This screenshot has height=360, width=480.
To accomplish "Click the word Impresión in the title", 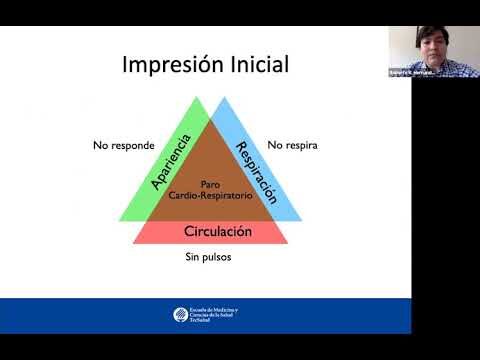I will [173, 66].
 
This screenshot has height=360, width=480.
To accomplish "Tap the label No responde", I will [124, 145].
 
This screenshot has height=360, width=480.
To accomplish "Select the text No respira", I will [294, 145].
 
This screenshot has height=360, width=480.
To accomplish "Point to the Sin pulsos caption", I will [210, 258].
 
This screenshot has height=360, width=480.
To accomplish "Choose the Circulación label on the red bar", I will [217, 231].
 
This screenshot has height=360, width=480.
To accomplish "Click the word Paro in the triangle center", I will [210, 184].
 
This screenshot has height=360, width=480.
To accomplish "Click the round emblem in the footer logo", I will [178, 315].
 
